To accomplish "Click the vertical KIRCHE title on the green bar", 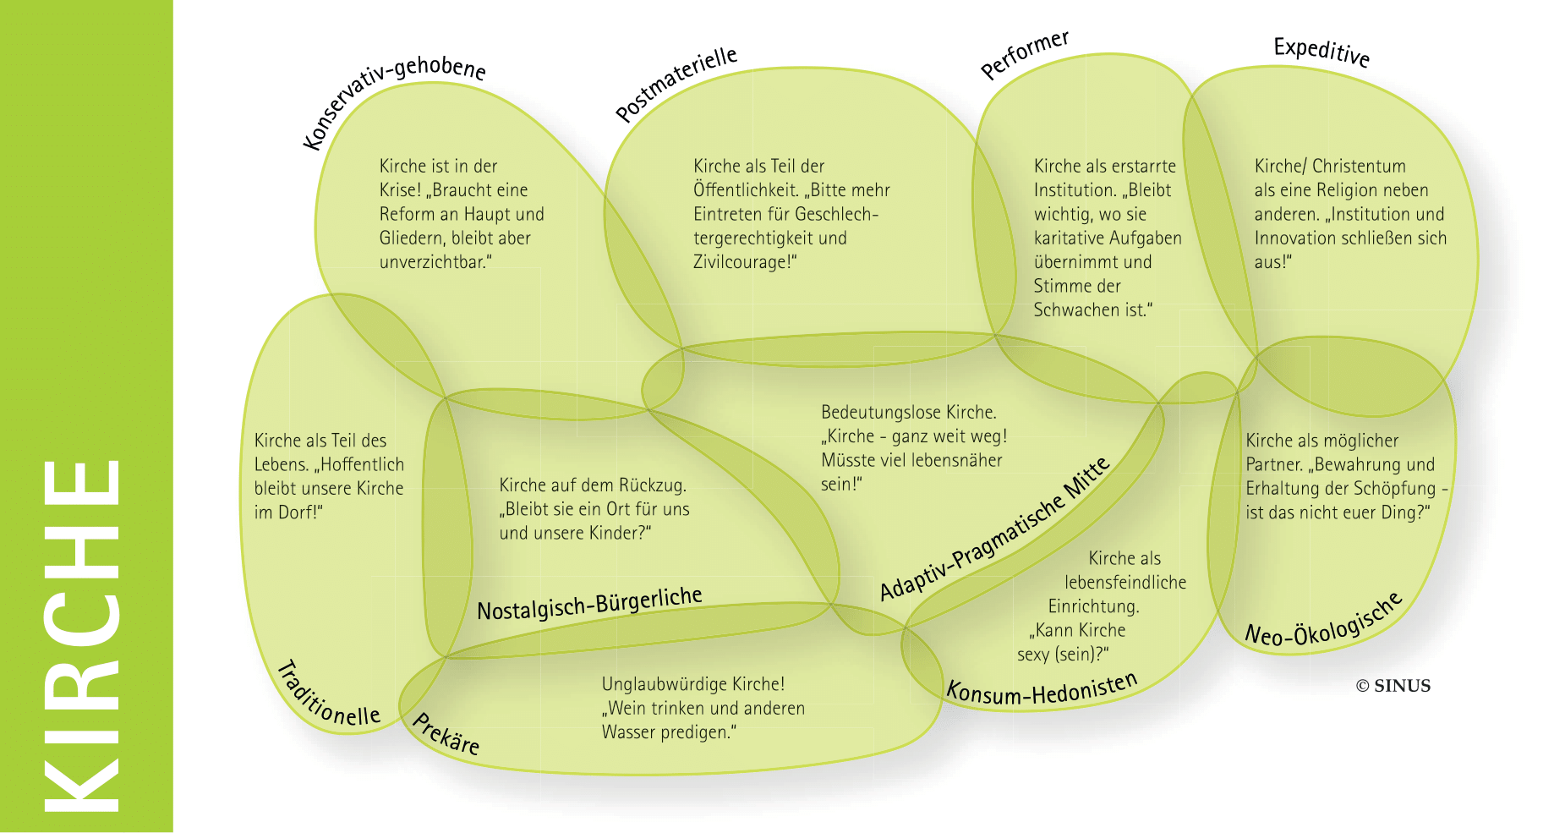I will pyautogui.click(x=83, y=634).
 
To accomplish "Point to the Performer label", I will pyautogui.click(x=1025, y=54).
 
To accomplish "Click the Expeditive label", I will pyautogui.click(x=1321, y=52).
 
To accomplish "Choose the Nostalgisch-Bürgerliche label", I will pyautogui.click(x=589, y=603).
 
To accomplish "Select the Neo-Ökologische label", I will pyautogui.click(x=1324, y=622).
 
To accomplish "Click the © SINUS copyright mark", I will pyautogui.click(x=1393, y=686).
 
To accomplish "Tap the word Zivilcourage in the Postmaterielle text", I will pyautogui.click(x=741, y=262).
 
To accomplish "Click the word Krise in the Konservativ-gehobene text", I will pyautogui.click(x=399, y=190).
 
